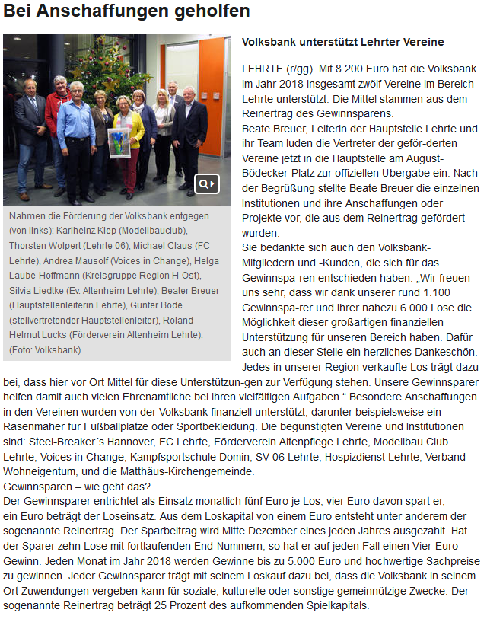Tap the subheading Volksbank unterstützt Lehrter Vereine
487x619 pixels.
(x=342, y=43)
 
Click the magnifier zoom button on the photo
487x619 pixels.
(x=207, y=183)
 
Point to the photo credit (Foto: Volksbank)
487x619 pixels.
(x=45, y=349)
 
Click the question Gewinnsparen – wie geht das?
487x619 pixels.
(x=78, y=485)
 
